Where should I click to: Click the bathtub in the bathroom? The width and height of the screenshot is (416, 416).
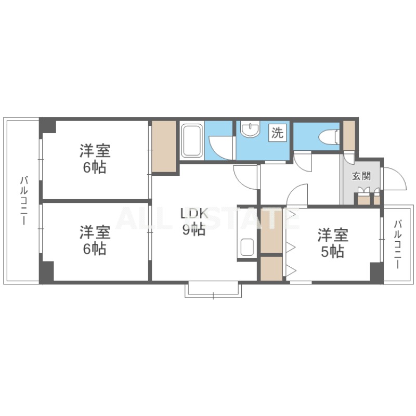192,140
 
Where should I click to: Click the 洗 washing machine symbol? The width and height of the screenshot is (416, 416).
278,133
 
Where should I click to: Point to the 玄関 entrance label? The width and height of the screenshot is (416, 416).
361,176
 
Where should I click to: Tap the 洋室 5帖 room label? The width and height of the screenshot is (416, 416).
333,243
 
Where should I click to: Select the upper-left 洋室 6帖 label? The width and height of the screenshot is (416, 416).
95,159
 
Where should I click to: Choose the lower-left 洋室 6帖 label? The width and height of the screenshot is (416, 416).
95,240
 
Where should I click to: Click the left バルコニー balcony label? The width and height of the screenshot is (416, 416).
24,201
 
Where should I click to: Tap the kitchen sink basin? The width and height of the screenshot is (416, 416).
247,246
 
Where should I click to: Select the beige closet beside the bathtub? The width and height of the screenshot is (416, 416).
164,147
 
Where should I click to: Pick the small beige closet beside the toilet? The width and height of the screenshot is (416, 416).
349,136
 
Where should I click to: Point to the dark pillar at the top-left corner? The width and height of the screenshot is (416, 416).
47,126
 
